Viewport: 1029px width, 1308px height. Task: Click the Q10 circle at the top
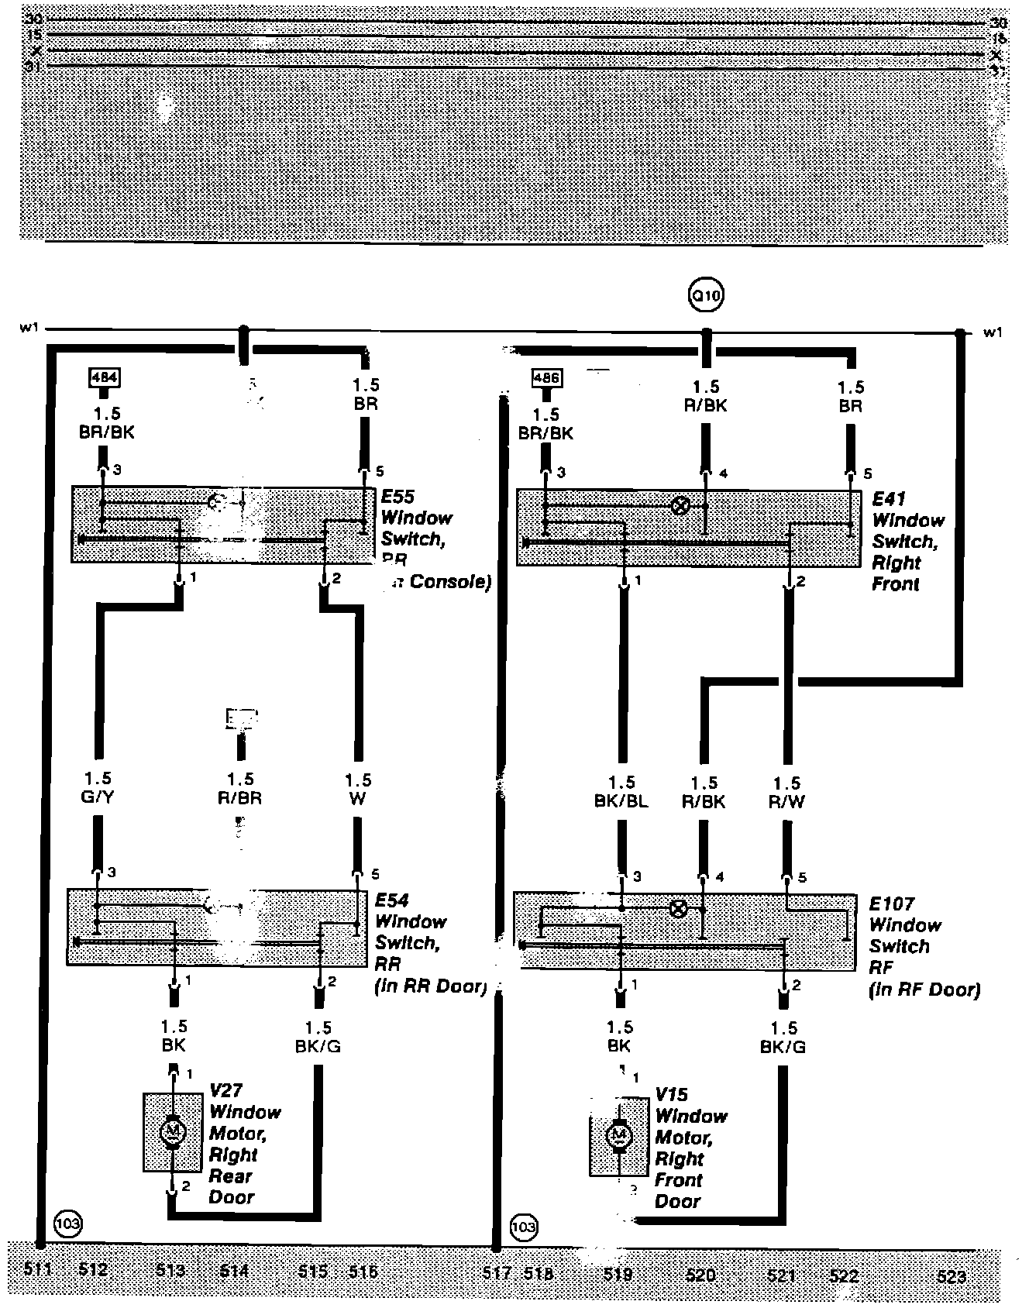coord(707,294)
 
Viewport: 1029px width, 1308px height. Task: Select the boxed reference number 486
coord(547,379)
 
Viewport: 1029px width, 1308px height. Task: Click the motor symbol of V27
coord(172,1132)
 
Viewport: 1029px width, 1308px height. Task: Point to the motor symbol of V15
coord(618,1136)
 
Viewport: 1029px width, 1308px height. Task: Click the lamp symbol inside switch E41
coord(680,506)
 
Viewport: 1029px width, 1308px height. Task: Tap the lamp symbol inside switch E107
coord(678,908)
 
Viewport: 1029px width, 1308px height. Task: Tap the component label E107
coord(892,904)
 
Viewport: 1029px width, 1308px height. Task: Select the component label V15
coord(672,1095)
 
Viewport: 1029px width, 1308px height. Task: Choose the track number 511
coord(37,1269)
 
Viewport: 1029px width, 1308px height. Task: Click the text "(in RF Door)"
coord(925,990)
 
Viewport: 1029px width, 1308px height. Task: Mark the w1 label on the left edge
coord(29,329)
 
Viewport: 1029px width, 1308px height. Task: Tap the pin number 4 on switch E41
coord(723,473)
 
